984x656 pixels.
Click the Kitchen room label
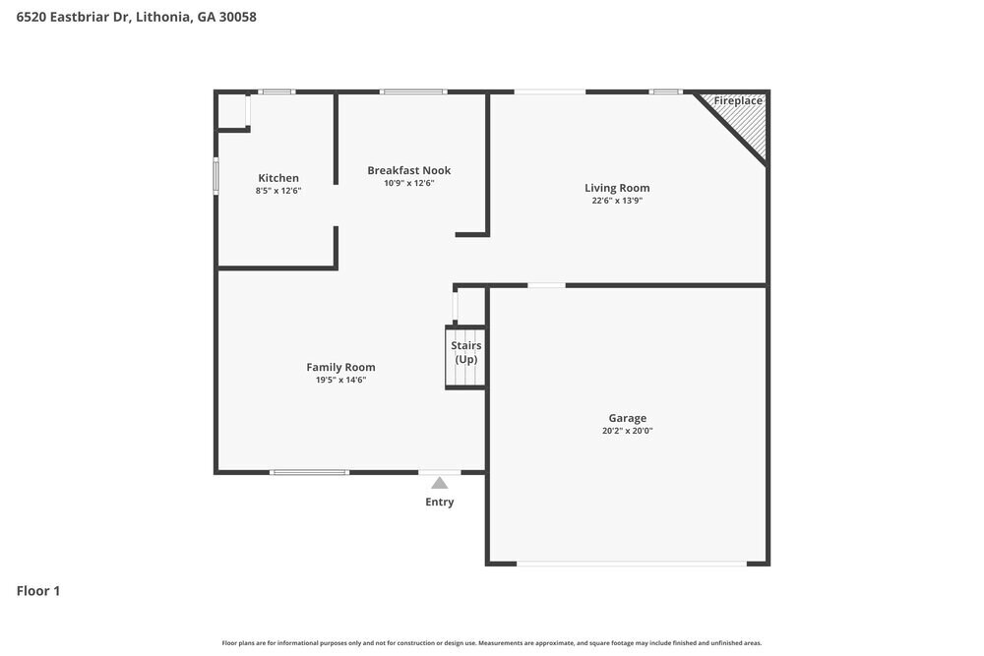278,178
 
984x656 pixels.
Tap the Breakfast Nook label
409,170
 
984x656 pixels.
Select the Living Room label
617,188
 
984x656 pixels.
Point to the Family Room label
340,368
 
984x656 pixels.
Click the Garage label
627,418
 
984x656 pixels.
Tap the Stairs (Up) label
465,352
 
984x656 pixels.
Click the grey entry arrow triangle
440,483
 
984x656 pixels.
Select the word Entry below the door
440,503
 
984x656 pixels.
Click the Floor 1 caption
38,591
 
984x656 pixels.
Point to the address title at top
137,17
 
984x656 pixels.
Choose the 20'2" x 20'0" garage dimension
627,431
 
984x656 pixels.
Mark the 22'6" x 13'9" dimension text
617,201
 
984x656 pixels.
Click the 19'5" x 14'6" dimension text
340,381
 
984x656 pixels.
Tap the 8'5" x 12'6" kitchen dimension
278,191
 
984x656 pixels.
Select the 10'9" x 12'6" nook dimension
409,183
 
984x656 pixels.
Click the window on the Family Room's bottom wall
309,473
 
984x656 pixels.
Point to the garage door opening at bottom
632,564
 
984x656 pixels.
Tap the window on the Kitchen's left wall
216,176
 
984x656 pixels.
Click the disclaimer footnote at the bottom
492,643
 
